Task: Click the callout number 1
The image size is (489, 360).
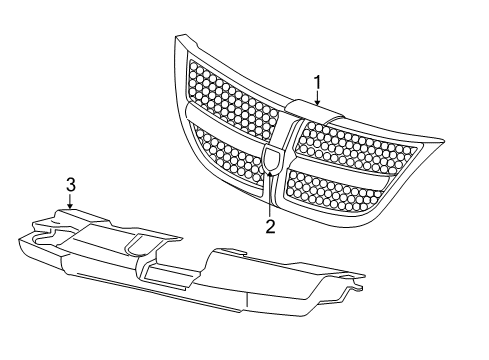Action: tap(317, 82)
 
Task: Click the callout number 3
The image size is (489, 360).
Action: tap(71, 183)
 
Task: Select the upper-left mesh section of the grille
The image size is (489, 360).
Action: tap(235, 100)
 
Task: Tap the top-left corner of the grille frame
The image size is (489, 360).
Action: tap(180, 40)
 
